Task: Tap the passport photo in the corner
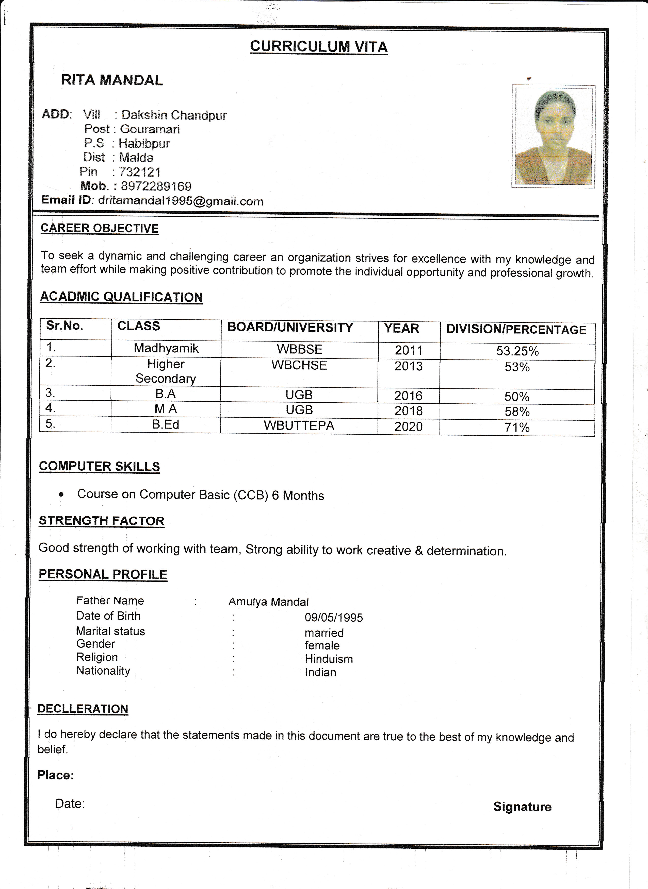click(554, 136)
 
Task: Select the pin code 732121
click(140, 172)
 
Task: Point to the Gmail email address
click(181, 201)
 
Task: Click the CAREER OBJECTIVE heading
click(100, 228)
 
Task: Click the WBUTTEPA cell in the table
click(299, 426)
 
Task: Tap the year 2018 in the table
click(408, 411)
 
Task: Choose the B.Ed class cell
click(166, 424)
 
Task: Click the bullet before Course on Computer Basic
click(61, 495)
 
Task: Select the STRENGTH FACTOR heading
click(102, 521)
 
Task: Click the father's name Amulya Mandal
click(268, 602)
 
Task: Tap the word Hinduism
click(329, 659)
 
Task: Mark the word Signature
click(522, 807)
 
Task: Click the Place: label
click(56, 775)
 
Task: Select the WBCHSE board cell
click(299, 365)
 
